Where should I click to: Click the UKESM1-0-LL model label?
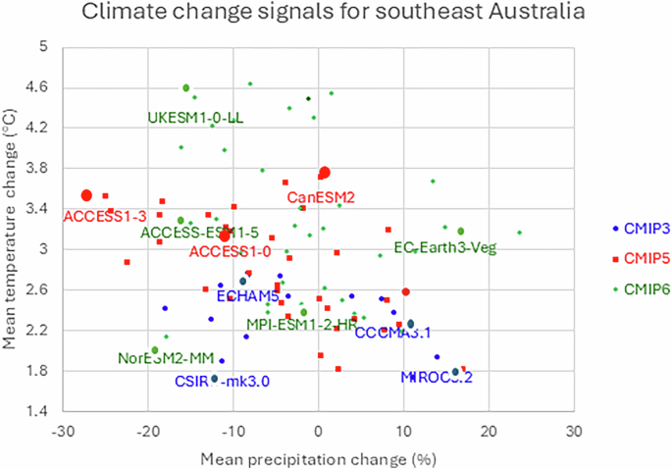(x=195, y=118)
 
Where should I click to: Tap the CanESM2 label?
(x=321, y=197)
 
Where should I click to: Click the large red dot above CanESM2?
(x=325, y=172)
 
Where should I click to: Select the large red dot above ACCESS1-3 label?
(x=86, y=195)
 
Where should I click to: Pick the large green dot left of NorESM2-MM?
(x=154, y=350)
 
